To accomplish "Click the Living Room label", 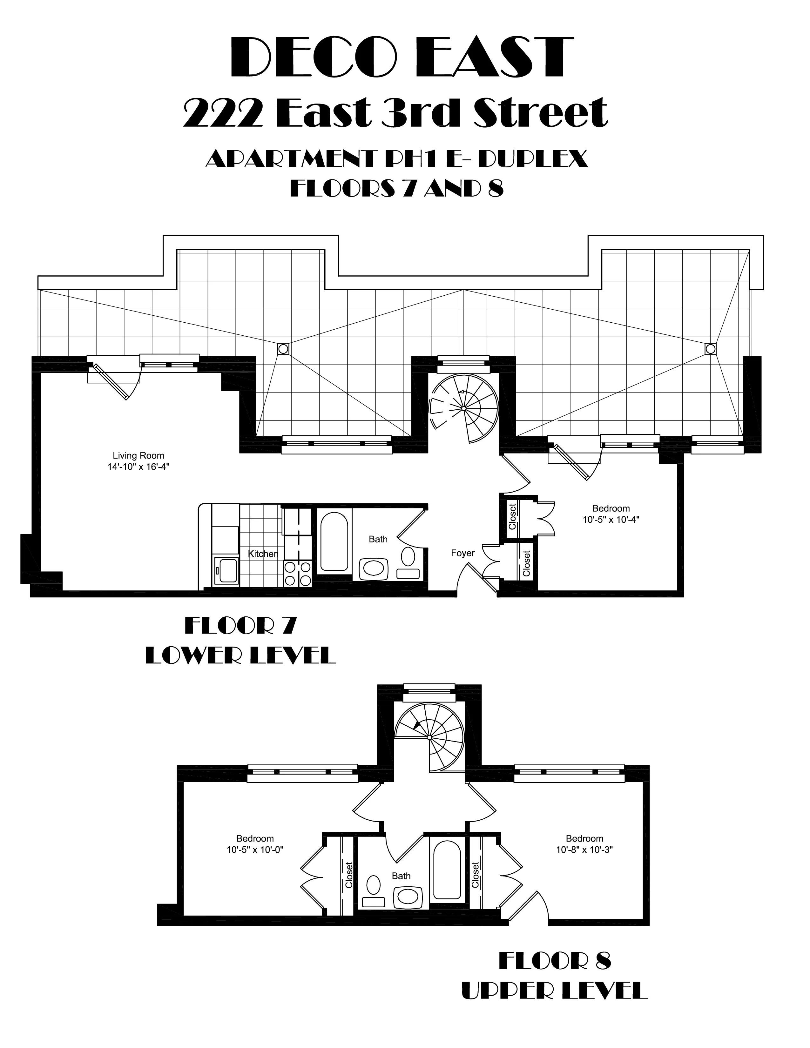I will click(138, 455).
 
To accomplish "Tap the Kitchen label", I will click(263, 554).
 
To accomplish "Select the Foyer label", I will click(462, 553).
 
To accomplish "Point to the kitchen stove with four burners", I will click(298, 574).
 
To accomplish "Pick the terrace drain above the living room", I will click(283, 349).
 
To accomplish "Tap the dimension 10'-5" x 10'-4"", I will click(611, 519).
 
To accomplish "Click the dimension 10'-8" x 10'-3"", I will click(584, 849).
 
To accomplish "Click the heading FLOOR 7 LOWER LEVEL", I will click(240, 641).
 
